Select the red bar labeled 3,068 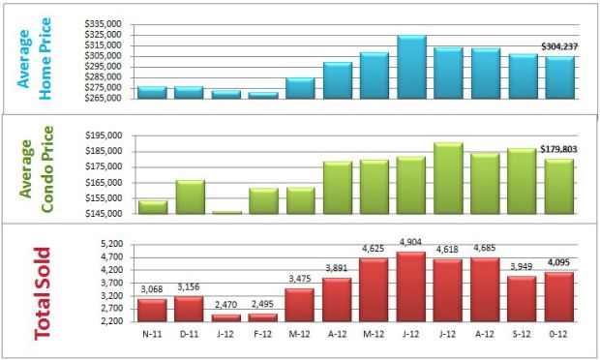152,310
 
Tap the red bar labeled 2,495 263,316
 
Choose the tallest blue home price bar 411,67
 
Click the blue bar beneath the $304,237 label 559,76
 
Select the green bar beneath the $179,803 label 559,186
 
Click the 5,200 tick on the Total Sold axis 109,244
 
